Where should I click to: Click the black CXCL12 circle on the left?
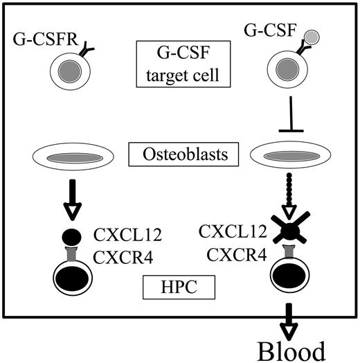click(70, 236)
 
